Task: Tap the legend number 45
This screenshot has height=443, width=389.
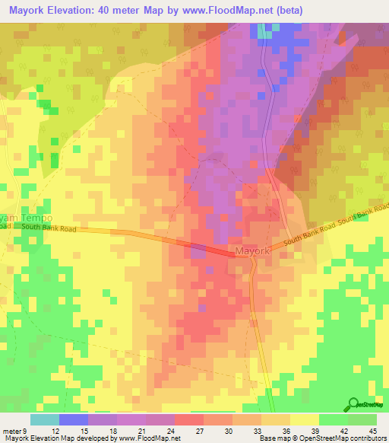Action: pos(372,431)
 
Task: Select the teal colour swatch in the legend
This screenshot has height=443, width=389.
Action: pos(45,419)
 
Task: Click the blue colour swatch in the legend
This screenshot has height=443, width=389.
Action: pos(74,419)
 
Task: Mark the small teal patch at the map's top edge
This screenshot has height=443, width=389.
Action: pos(264,30)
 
